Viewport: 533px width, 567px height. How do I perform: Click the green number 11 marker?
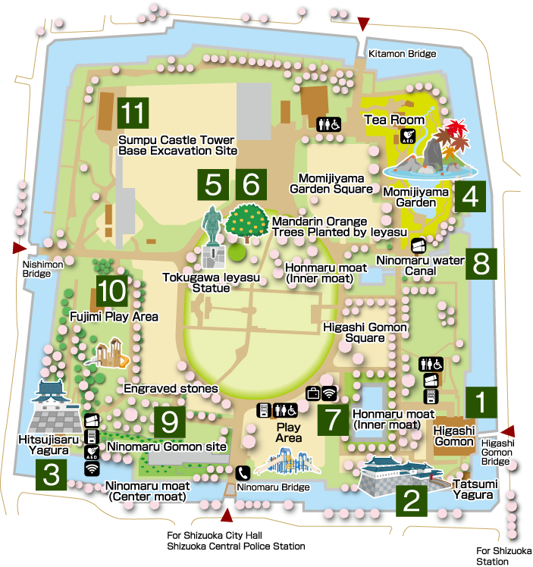[133, 113]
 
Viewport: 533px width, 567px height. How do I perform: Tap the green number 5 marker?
[212, 184]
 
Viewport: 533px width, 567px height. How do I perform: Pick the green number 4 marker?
[470, 196]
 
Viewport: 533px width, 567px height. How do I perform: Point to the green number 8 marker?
[481, 264]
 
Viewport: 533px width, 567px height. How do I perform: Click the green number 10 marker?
[111, 292]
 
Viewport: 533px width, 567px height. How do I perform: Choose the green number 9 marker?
[170, 422]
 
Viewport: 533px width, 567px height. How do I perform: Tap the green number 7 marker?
[333, 421]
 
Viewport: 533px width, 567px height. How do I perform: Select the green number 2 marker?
[411, 500]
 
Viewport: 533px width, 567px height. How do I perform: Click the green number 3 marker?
[51, 475]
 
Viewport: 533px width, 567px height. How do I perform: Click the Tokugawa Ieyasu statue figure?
[212, 227]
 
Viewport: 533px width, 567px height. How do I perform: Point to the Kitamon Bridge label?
[402, 54]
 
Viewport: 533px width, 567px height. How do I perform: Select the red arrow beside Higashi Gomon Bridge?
[509, 431]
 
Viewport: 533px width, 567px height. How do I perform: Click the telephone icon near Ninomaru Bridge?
[243, 471]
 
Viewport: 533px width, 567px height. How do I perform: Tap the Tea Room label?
[394, 120]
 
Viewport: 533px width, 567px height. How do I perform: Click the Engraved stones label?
[171, 388]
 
